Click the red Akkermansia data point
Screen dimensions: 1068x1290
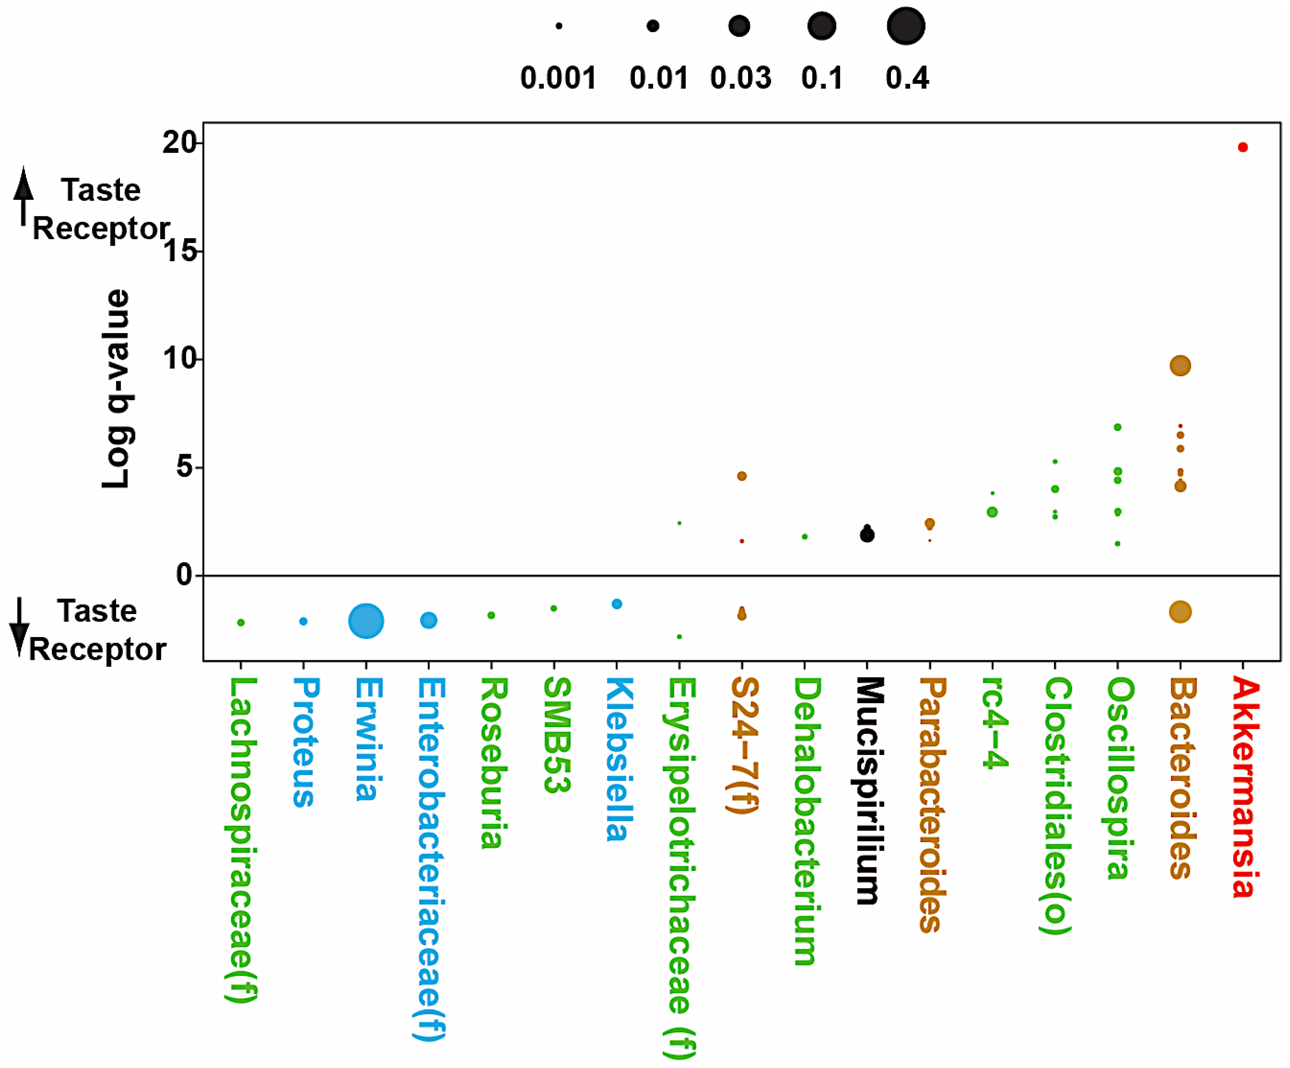(x=1243, y=147)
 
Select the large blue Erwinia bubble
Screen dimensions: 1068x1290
(x=366, y=621)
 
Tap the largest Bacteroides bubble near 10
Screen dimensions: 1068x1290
(x=1180, y=366)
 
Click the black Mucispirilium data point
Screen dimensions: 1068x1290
(x=867, y=535)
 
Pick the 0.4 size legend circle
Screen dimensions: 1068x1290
(x=906, y=26)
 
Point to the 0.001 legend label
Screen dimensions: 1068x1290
(x=558, y=78)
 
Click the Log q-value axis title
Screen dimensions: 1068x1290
(x=117, y=389)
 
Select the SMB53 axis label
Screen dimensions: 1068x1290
(x=556, y=734)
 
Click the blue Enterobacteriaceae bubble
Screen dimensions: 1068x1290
(x=429, y=620)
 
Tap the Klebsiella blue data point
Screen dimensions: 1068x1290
(x=617, y=604)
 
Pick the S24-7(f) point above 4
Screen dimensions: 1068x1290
(x=742, y=476)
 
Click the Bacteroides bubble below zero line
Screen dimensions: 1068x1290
(x=1180, y=612)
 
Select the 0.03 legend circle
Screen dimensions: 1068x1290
(x=739, y=26)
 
